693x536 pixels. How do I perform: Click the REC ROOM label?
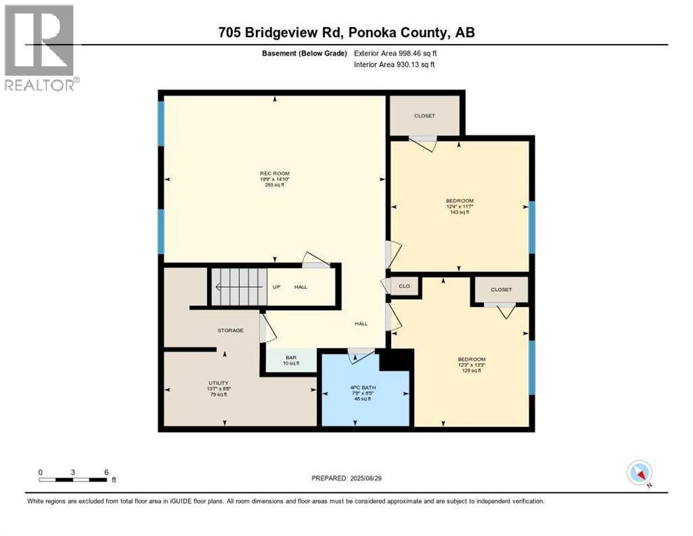274,173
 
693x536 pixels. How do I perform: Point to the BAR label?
291,357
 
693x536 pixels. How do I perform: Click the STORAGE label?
230,330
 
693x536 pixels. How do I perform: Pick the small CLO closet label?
404,287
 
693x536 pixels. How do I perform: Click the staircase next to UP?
238,287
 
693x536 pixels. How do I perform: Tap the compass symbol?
639,472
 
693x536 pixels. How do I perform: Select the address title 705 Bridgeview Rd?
346,32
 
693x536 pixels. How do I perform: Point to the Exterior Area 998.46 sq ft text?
395,52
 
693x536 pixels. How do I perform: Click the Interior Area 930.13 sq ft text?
395,65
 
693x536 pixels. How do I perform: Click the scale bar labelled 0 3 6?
73,479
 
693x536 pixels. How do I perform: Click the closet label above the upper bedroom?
424,116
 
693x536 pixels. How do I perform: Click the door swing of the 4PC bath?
360,356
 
